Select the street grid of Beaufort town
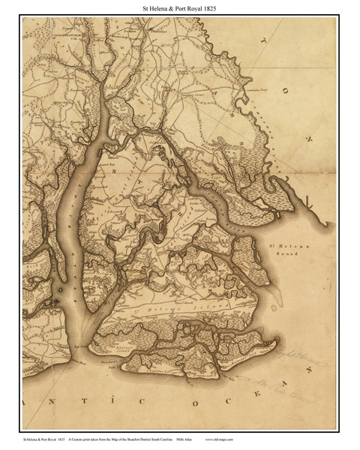(x=155, y=226)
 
